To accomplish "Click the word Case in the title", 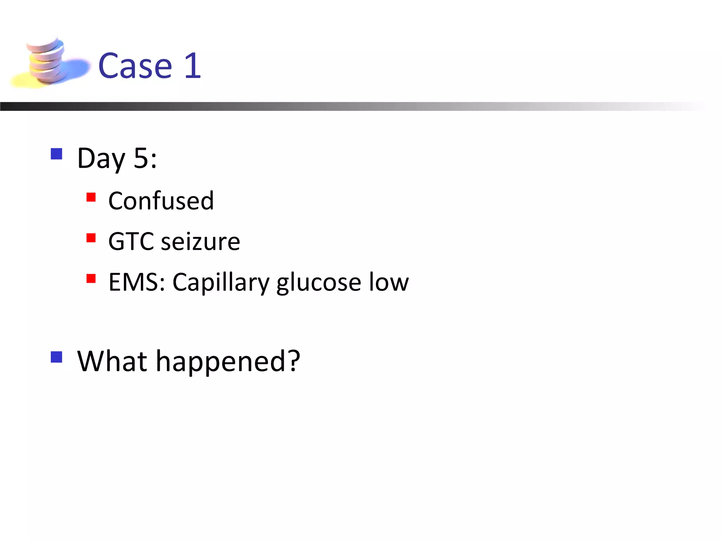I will coord(135,66).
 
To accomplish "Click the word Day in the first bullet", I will coord(101,158).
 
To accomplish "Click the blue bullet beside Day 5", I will coord(56,154).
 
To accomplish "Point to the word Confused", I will coord(161,200).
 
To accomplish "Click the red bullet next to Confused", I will coord(91,197).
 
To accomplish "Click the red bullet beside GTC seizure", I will coord(91,238).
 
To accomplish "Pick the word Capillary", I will coord(221,283).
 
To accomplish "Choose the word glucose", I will coord(319,283).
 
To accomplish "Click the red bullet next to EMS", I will coord(91,279).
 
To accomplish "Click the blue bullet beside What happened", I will coord(56,357).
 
